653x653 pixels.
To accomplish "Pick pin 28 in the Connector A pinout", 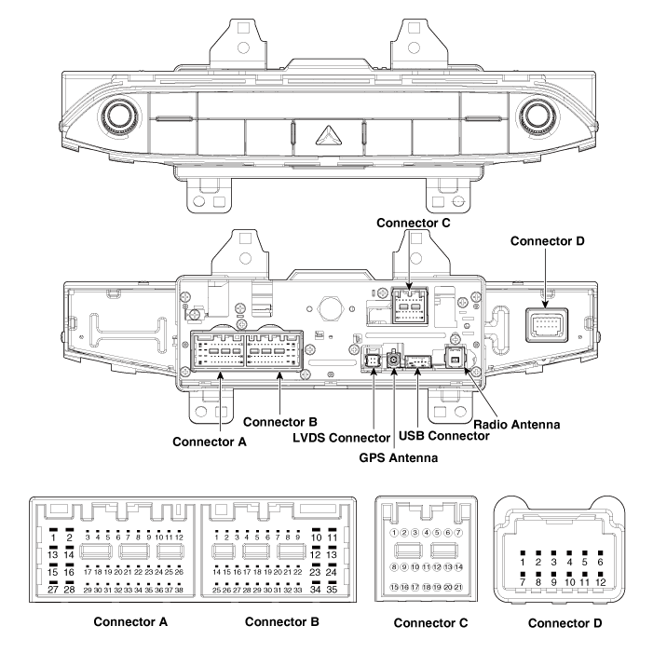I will coord(69,590).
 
